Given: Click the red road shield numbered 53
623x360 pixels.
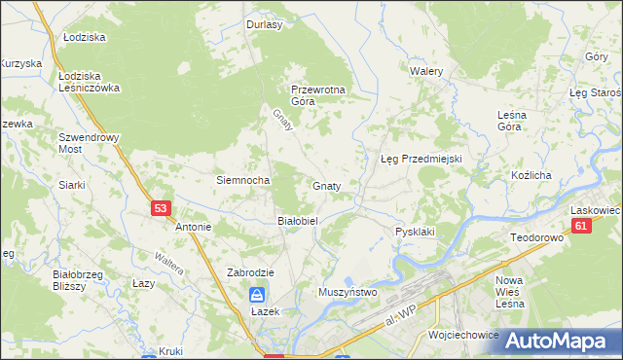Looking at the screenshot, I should pos(162,208).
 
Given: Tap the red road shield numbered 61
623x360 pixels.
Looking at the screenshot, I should pos(581,226).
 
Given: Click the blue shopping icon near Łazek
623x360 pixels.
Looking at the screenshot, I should pos(256,294).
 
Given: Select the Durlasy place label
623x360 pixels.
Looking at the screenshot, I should pos(264,25).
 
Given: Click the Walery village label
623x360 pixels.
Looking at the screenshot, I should pos(426,72).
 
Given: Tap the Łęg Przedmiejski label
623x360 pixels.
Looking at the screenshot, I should pos(420,159).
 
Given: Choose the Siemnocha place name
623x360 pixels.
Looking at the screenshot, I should pos(242,180).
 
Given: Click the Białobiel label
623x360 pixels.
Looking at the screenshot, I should pos(299,221).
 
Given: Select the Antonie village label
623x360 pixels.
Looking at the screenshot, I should pos(193,228).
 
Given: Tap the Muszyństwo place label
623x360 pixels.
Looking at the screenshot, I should pos(348,291).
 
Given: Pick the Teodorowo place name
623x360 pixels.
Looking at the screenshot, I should pos(537,237).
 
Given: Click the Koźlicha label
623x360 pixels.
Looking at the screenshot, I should pos(531,175).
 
